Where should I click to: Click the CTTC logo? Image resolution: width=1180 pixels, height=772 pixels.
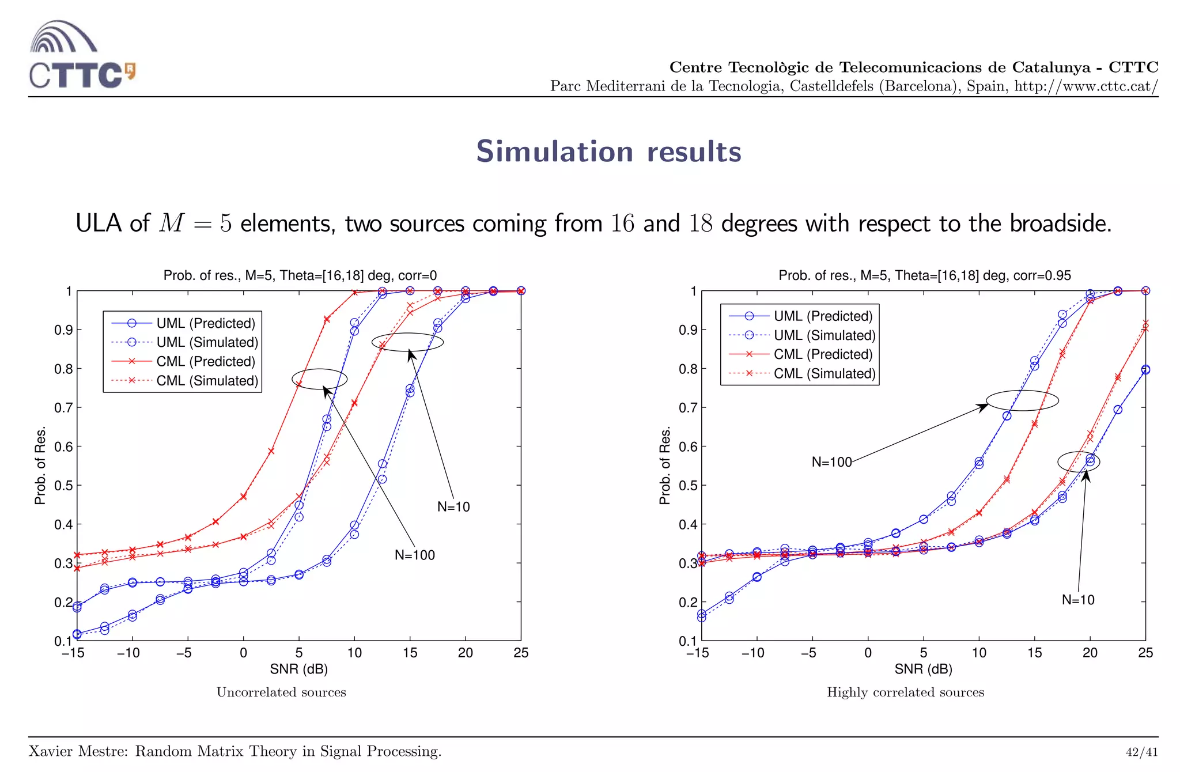(82, 55)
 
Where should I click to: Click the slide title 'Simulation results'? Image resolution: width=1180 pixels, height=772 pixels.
(608, 152)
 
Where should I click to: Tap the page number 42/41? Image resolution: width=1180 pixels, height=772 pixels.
(1141, 752)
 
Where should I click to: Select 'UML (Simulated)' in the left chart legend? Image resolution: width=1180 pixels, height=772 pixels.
(207, 342)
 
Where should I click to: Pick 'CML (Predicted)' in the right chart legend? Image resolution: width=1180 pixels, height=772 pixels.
(823, 354)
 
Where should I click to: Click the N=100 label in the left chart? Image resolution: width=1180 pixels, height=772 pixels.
(414, 555)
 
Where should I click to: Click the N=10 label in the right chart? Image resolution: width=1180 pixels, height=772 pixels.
(1078, 600)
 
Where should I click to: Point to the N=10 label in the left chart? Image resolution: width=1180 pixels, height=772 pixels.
(453, 506)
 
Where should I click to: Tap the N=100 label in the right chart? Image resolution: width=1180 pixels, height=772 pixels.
(831, 462)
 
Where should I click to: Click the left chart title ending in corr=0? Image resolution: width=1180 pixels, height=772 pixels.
(300, 275)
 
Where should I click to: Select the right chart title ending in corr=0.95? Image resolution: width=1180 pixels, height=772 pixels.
(924, 275)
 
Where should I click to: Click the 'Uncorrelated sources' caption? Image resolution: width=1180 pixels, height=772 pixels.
(281, 692)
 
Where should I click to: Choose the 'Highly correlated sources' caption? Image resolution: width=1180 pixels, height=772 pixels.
(905, 692)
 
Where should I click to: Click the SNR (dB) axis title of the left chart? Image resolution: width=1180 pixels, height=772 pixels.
(298, 669)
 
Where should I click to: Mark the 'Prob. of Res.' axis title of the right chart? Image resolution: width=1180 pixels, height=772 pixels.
(665, 466)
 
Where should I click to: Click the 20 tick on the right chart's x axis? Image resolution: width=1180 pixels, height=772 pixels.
(1090, 653)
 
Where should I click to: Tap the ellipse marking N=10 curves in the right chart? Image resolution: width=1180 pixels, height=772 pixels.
(1078, 461)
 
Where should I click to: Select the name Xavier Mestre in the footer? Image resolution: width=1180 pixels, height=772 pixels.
(78, 751)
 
